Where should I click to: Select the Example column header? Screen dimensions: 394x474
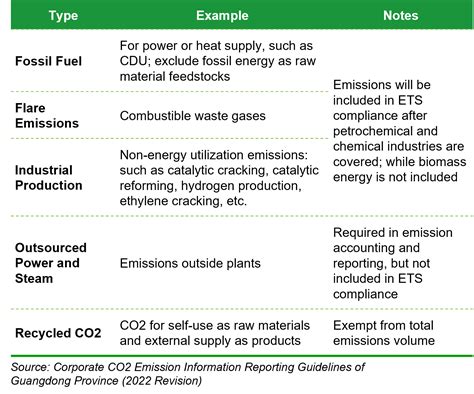click(222, 16)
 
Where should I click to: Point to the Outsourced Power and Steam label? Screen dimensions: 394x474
click(51, 264)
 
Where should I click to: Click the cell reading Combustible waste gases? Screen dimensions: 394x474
click(192, 116)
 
